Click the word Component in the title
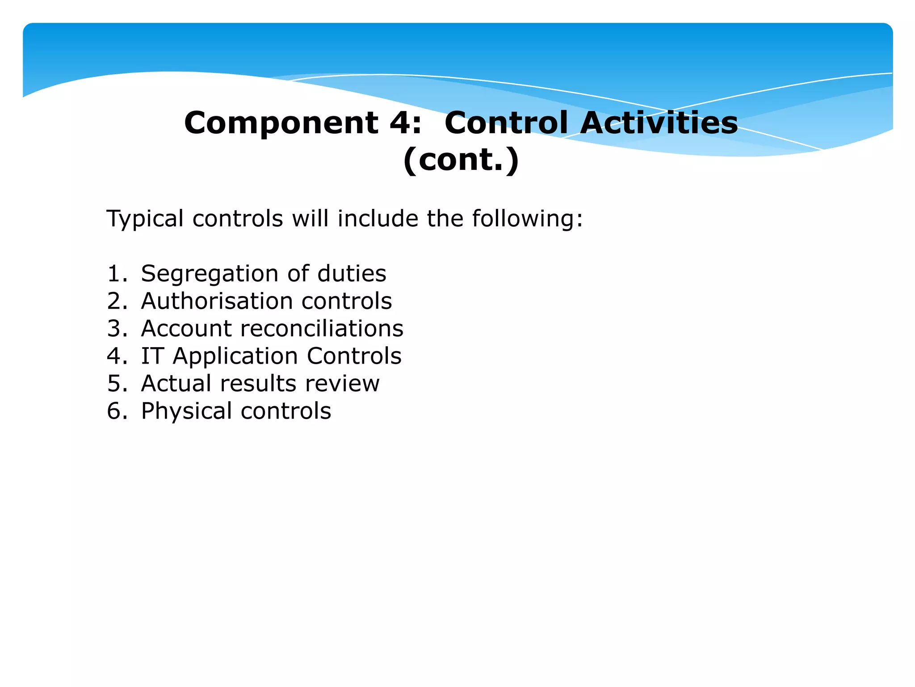[x=281, y=123]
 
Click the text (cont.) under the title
[x=461, y=160]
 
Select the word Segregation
[x=210, y=274]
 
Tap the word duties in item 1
[x=352, y=273]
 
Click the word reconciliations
[x=322, y=328]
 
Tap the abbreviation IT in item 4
[x=152, y=356]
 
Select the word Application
[x=235, y=356]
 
